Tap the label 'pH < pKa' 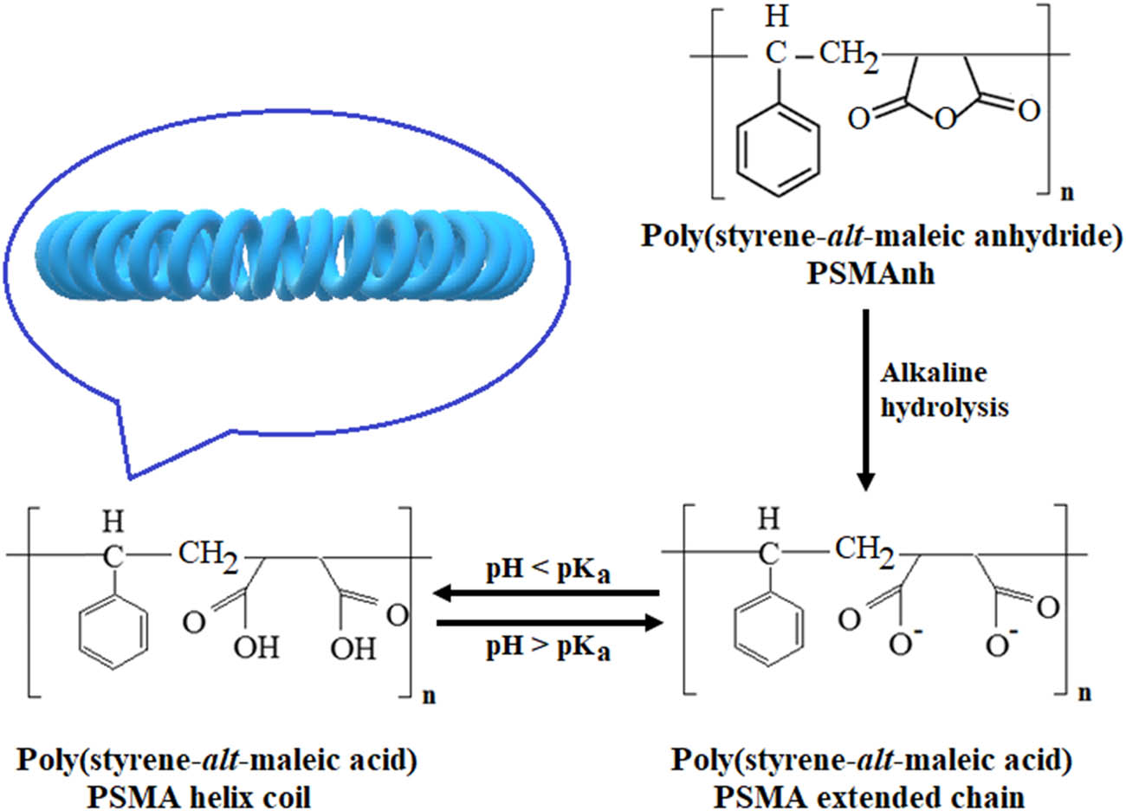(547, 572)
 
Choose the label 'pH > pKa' (547, 646)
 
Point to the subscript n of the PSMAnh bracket (1066, 192)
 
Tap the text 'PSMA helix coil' (217, 794)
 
